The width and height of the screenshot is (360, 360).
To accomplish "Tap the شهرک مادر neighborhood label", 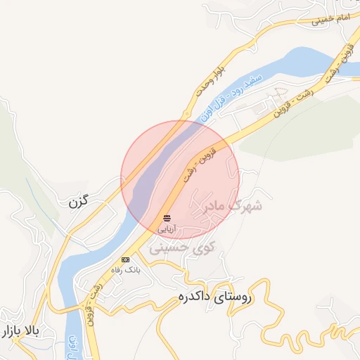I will click(233, 206).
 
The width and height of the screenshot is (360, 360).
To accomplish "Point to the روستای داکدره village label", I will click(224, 299).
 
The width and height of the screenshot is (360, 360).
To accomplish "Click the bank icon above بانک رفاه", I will click(125, 259).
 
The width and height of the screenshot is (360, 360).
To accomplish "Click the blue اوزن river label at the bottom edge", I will click(72, 347).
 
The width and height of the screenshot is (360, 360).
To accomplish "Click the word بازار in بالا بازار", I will click(16, 330).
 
